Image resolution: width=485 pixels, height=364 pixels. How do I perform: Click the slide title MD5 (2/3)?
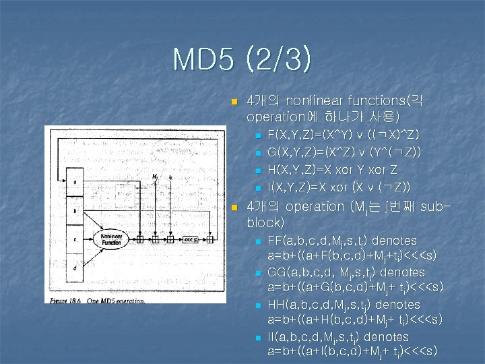point(243,59)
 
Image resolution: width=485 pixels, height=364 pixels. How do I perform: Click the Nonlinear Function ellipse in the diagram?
point(112,239)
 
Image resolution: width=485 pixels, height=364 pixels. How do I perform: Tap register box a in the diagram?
point(75,182)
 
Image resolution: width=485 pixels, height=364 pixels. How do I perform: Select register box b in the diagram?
point(75,210)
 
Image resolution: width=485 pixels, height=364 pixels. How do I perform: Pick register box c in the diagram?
point(75,239)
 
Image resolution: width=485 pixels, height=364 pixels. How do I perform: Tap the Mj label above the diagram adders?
point(156,178)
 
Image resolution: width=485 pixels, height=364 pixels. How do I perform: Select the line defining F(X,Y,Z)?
point(344,135)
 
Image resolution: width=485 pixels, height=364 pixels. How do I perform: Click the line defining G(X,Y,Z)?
point(344,152)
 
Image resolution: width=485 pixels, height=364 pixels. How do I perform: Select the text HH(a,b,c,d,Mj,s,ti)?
point(319,305)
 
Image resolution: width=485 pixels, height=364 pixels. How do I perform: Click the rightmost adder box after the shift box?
point(211,239)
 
